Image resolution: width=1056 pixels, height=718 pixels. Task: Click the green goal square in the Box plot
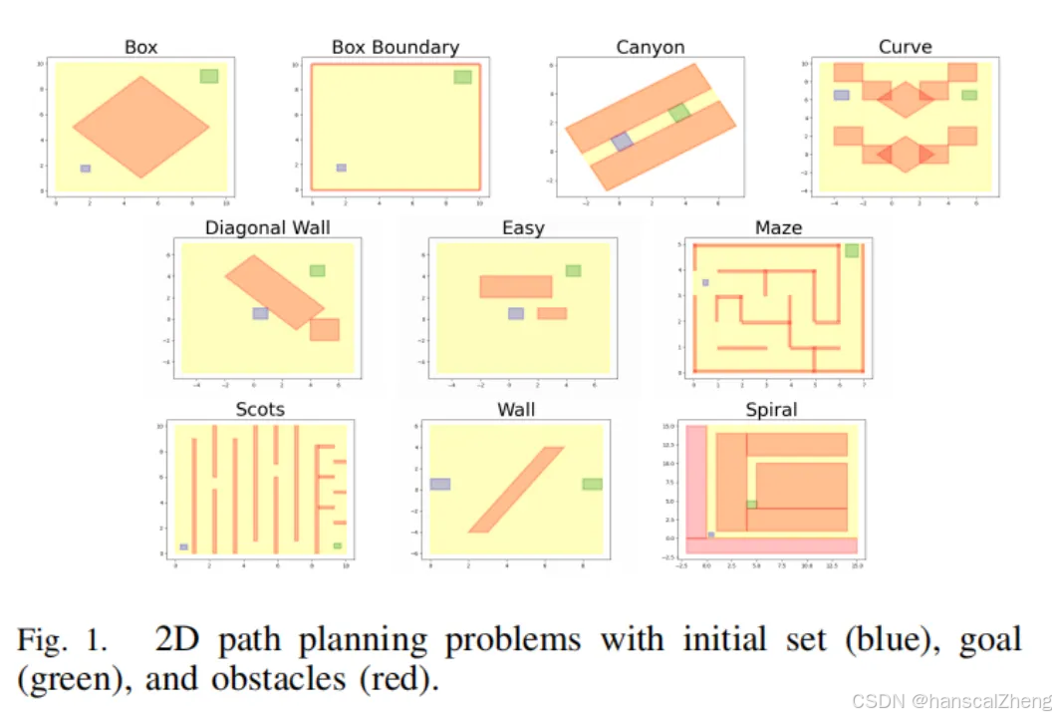point(208,77)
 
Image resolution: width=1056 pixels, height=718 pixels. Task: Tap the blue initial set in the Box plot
point(86,169)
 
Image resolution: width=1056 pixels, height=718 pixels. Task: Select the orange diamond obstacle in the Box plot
point(140,127)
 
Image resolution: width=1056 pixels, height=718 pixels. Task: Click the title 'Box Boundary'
point(396,47)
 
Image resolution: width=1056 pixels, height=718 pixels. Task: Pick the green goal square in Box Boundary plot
point(462,77)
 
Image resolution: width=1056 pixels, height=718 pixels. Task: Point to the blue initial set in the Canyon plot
point(622,142)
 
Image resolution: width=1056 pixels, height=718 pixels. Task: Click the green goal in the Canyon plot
point(679,113)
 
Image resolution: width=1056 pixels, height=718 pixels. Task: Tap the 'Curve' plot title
point(906,47)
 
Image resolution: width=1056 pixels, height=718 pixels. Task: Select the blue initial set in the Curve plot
point(842,96)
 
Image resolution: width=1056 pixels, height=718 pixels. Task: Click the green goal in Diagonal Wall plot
point(317,270)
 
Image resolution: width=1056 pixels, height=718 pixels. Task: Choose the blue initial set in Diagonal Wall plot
point(260,313)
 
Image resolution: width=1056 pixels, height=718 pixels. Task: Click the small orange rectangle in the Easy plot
point(552,313)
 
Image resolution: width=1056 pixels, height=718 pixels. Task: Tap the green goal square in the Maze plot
point(852,250)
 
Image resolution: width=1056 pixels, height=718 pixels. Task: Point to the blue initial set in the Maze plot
point(705,282)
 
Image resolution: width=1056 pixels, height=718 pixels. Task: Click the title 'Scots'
point(260,409)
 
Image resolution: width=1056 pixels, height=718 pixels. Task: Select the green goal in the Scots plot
point(338,545)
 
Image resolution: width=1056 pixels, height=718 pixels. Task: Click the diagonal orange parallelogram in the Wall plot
point(517,490)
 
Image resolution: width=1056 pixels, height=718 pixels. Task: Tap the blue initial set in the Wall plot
point(440,484)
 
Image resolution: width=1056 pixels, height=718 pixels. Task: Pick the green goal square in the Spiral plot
point(752,505)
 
